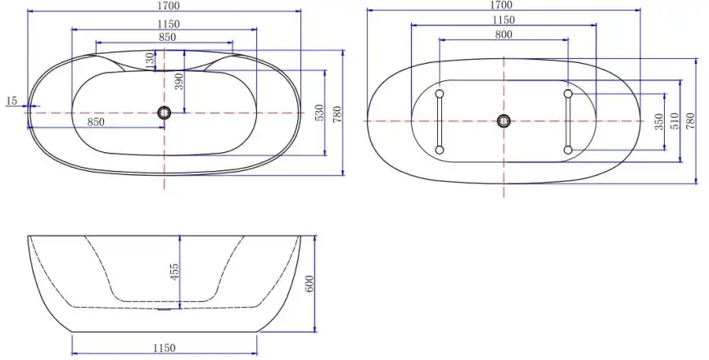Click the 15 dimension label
[11, 101]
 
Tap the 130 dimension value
[150, 61]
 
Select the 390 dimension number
[179, 81]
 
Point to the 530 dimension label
[319, 113]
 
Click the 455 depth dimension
[174, 272]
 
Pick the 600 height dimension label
[309, 284]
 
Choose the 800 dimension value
[504, 34]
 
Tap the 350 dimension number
[659, 122]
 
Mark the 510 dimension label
[675, 121]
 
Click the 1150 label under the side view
[164, 348]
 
